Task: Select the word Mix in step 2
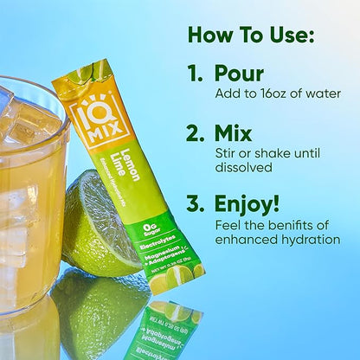tap(232, 133)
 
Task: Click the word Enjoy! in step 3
tap(247, 204)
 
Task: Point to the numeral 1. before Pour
tap(196, 74)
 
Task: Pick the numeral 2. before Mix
tap(197, 133)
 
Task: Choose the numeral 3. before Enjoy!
tap(197, 204)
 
